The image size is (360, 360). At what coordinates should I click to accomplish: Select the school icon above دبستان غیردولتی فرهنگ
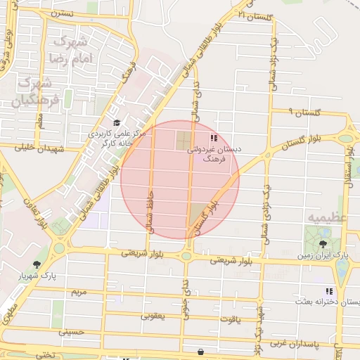coord(213,138)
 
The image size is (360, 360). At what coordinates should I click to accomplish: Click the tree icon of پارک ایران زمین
coord(322,244)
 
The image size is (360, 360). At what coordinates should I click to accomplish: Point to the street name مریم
coord(79,291)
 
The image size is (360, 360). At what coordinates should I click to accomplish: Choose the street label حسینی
coord(72,330)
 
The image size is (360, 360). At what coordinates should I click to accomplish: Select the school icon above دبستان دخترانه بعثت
coord(328,291)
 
